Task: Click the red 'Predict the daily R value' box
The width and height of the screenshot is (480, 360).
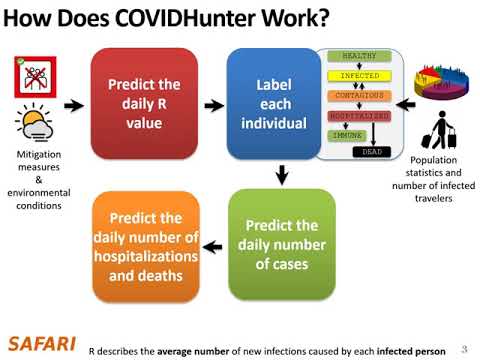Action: pos(144,105)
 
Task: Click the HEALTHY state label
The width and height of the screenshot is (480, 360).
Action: pos(360,56)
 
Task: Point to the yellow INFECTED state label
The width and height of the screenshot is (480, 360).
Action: pos(358,76)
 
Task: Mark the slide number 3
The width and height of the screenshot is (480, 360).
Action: pos(464,349)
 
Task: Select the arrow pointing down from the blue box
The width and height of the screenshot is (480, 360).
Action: pos(281,176)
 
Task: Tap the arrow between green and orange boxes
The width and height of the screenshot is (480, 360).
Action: pos(212,245)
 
